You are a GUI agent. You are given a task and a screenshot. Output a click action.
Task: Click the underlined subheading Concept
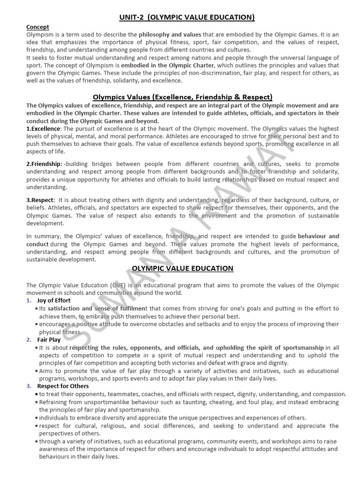[38, 27]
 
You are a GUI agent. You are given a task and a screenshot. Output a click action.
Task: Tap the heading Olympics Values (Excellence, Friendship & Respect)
[180, 97]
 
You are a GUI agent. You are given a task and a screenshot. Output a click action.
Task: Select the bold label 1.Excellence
[44, 128]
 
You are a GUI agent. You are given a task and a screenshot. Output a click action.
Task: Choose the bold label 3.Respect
[41, 200]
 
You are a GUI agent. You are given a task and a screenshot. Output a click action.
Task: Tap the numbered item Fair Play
[49, 339]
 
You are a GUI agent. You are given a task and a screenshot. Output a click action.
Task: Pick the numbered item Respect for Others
[63, 386]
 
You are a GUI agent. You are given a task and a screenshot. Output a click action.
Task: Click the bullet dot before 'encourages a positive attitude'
[37, 324]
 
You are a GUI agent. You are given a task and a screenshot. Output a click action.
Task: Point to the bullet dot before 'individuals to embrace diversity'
[37, 418]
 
